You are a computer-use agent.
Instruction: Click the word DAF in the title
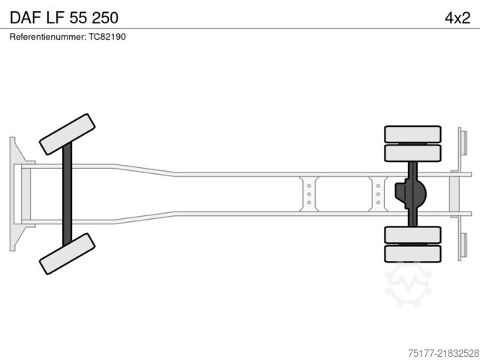click(x=25, y=17)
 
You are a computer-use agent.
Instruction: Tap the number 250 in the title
click(x=105, y=17)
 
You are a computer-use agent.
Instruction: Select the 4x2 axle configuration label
click(x=457, y=18)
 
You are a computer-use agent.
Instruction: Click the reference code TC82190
click(x=107, y=37)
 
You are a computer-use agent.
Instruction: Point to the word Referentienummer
click(x=47, y=37)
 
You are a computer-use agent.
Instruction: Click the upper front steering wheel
click(x=67, y=134)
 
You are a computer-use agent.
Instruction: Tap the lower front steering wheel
click(x=67, y=253)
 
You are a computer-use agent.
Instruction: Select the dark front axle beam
click(x=67, y=194)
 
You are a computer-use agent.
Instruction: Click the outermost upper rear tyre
click(x=412, y=134)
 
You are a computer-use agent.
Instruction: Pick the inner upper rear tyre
click(x=412, y=153)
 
